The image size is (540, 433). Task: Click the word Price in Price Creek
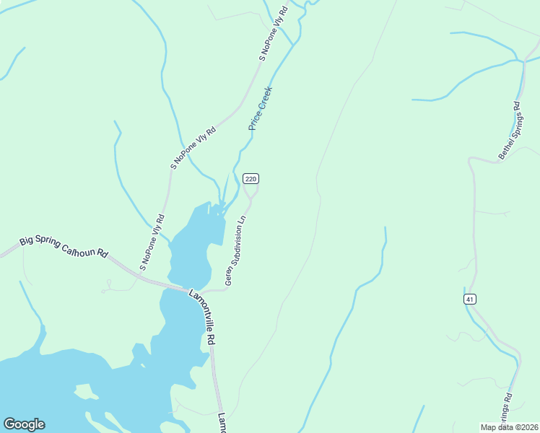click(x=254, y=120)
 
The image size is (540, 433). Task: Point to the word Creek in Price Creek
click(x=265, y=98)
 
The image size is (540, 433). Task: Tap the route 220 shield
click(x=251, y=178)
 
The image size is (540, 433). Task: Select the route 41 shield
click(x=469, y=299)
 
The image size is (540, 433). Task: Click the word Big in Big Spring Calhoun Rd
click(x=27, y=240)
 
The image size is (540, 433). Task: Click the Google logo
click(x=24, y=424)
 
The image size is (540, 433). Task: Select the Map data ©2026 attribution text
click(x=509, y=427)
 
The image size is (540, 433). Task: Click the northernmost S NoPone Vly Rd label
click(x=274, y=33)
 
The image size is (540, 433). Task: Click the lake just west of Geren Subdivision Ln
click(x=192, y=238)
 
